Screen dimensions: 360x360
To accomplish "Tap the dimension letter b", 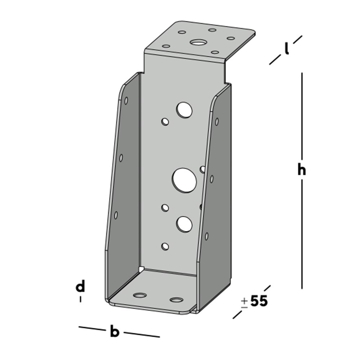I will [x=114, y=332].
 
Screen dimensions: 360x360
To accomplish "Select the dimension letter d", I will [x=80, y=287].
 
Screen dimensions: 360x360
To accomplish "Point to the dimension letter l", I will [x=287, y=49].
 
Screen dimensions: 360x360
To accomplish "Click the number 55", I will [x=259, y=301].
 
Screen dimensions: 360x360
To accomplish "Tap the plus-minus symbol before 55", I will [x=244, y=302].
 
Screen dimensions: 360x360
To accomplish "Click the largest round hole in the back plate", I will [x=184, y=180].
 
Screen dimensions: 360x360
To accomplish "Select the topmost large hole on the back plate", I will [x=184, y=110].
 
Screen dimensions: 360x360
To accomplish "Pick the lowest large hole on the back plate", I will [x=184, y=224].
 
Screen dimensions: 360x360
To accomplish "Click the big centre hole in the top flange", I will [x=197, y=42].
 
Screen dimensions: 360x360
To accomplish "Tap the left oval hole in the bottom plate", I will [x=140, y=296].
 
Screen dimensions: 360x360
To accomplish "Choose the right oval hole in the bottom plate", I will [x=176, y=300].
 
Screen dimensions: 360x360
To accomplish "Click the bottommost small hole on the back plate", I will [x=165, y=246].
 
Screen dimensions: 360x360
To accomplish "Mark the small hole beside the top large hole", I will [x=165, y=122].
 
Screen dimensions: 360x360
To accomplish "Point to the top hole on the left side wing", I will [x=126, y=101].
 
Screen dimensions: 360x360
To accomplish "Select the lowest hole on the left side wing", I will [x=116, y=215].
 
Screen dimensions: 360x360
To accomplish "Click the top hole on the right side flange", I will [x=217, y=122].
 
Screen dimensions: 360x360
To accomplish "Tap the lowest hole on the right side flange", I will [x=207, y=236].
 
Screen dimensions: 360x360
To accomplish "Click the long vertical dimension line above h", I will [x=302, y=115].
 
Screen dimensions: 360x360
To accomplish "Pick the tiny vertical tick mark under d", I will [x=80, y=299].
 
